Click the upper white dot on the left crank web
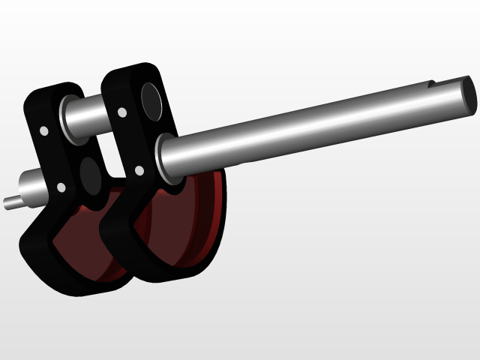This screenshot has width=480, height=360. pyautogui.click(x=44, y=131)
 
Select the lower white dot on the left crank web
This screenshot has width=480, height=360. pyautogui.click(x=61, y=187)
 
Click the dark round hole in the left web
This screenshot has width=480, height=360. pyautogui.click(x=91, y=173)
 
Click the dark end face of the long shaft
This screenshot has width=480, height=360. pyautogui.click(x=468, y=94)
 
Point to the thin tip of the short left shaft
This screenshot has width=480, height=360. pyautogui.click(x=10, y=202)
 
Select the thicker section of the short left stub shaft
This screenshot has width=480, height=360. pyautogui.click(x=31, y=184)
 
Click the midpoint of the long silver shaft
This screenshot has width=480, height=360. pyautogui.click(x=315, y=121)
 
